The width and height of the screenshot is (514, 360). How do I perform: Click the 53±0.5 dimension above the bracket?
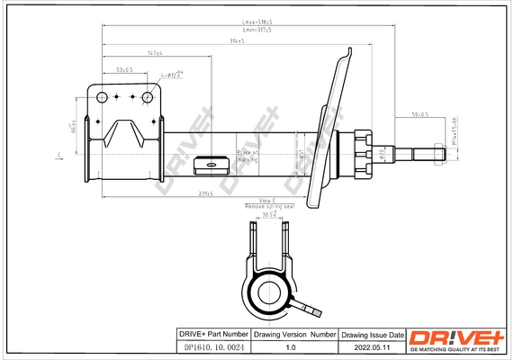click(x=124, y=69)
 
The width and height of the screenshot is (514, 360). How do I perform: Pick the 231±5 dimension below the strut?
click(x=208, y=194)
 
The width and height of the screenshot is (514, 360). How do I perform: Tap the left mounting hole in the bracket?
click(x=103, y=96)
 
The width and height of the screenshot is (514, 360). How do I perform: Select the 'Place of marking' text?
click(x=247, y=157)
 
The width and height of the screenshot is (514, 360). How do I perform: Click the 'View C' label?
click(x=266, y=201)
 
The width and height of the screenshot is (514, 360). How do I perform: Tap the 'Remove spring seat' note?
click(x=269, y=207)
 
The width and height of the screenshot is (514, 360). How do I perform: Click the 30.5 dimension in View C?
click(x=268, y=214)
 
